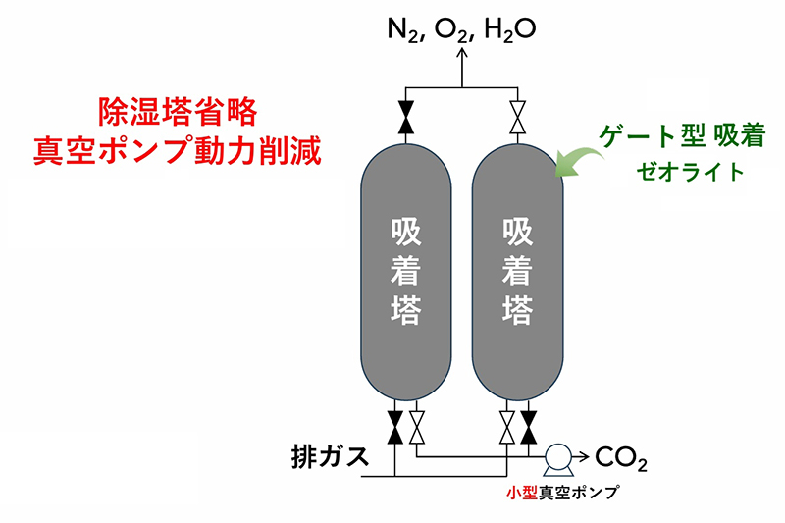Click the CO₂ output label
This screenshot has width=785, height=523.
tap(621, 458)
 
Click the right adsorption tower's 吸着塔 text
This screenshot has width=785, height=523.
tap(517, 271)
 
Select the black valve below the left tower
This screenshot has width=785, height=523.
tap(395, 425)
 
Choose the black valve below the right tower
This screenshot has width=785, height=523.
tap(530, 425)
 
